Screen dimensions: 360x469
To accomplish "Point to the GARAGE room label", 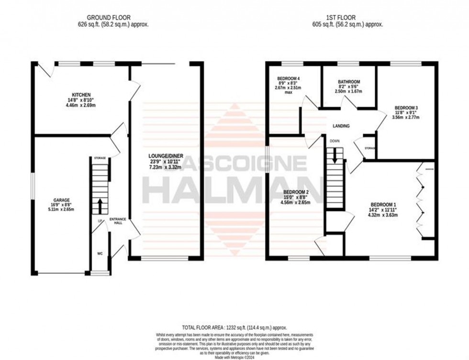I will [x=62, y=200].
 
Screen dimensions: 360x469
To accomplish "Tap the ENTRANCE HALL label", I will [x=117, y=221].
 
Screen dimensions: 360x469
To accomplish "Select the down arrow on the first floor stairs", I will [x=335, y=154].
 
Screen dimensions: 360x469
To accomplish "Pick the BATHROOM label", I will [x=348, y=82].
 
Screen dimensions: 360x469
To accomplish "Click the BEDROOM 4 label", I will [x=290, y=79].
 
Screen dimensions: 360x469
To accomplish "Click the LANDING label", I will [x=341, y=126].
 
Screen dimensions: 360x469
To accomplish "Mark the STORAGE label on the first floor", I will [x=370, y=148].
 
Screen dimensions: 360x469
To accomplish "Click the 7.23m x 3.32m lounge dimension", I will [x=166, y=168].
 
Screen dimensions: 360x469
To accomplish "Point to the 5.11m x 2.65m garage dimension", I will [x=62, y=211].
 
